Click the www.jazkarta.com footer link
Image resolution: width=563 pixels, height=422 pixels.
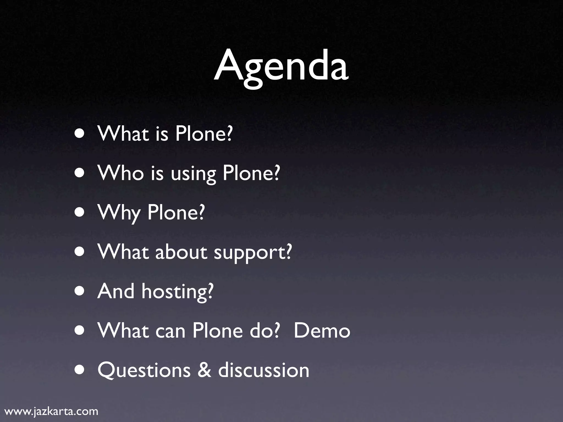tap(52, 411)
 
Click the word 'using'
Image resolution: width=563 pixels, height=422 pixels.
tap(193, 175)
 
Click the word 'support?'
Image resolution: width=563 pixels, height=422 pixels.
tap(252, 253)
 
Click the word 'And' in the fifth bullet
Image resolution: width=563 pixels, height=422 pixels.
tap(116, 291)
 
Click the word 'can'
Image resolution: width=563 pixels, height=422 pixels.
tap(170, 331)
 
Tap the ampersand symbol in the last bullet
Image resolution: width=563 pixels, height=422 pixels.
tap(204, 370)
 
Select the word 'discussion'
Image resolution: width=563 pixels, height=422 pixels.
tap(264, 370)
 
